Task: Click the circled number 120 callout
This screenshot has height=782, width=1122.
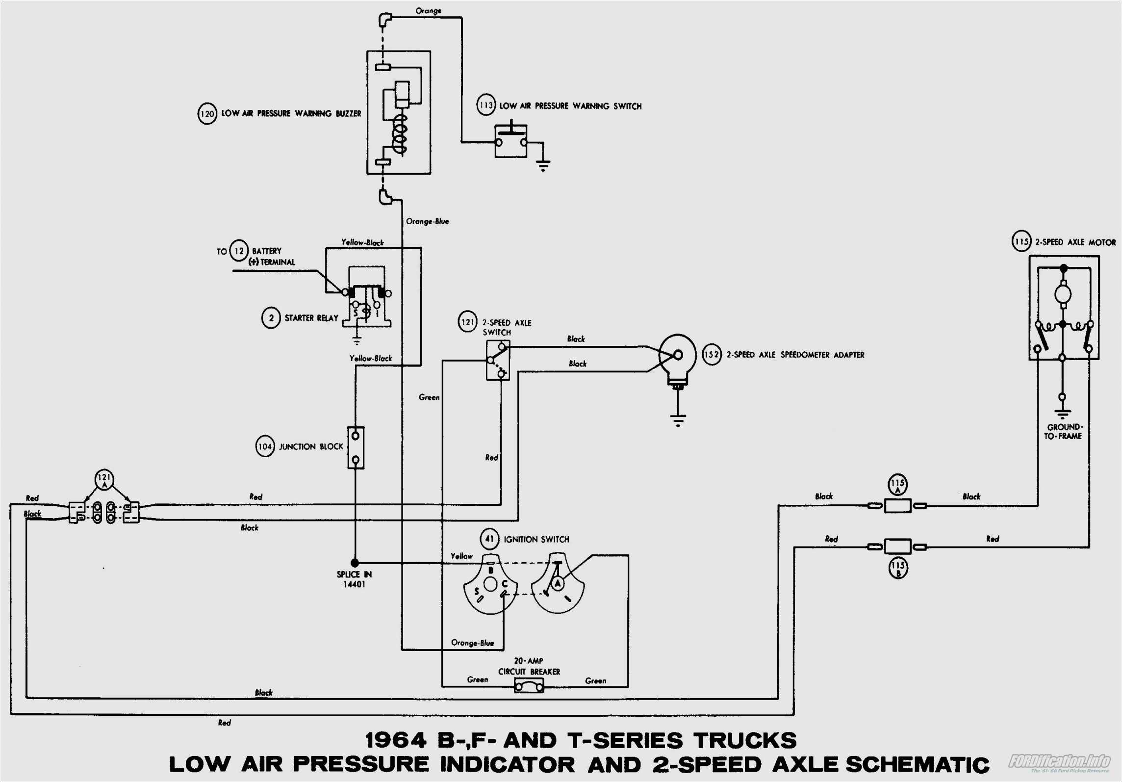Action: coord(207,114)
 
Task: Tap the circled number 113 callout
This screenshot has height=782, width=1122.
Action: coord(486,105)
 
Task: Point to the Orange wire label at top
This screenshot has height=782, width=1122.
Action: coord(428,11)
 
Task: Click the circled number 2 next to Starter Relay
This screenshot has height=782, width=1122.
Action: coord(271,318)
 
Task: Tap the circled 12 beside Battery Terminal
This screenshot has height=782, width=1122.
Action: coord(239,251)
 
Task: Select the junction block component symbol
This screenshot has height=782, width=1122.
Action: coord(356,447)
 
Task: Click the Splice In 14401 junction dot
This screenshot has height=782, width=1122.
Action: coord(355,563)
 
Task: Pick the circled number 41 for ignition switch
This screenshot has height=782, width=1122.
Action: coord(489,539)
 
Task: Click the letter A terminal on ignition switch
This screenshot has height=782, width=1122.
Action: coord(557,583)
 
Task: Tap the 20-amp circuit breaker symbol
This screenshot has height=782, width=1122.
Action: coord(529,685)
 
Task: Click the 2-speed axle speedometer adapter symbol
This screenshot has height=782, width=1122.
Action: coord(678,356)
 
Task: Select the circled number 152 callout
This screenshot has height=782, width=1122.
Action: coord(712,355)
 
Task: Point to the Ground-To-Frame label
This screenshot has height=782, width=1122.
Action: coord(1063,432)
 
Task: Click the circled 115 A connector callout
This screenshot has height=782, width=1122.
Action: coord(897,485)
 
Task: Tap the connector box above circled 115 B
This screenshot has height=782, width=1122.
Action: coord(897,546)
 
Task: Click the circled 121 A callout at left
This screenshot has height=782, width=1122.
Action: coord(104,479)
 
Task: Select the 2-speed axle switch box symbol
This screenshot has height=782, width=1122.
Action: coord(498,361)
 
